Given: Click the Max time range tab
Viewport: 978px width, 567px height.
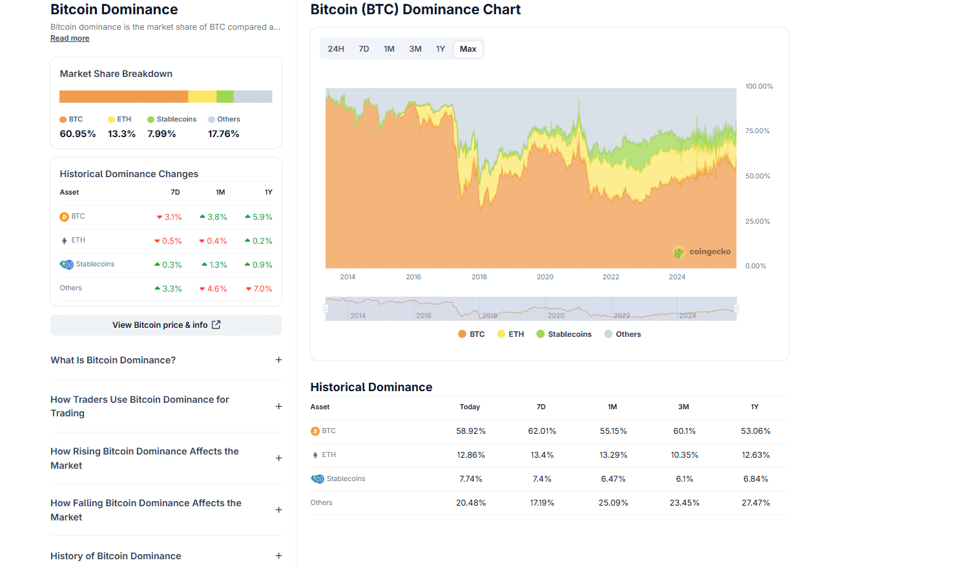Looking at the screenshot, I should [x=468, y=49].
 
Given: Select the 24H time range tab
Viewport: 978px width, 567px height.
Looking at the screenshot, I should [x=336, y=49].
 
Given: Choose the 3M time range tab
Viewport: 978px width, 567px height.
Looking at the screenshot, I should [x=415, y=49].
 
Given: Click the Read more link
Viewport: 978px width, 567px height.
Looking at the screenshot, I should [x=70, y=38].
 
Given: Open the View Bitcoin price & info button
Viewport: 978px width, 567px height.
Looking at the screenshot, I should [x=166, y=325].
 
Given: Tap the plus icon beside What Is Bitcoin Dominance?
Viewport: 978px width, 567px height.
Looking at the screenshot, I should [x=279, y=360].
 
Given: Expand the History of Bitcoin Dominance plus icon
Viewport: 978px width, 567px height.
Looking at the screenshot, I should [x=279, y=556].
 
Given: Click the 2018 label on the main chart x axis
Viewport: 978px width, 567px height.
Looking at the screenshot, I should [x=479, y=277].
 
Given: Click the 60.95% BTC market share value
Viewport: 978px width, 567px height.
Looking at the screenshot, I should [x=78, y=134].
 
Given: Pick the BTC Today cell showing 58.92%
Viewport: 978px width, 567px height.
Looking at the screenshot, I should [x=471, y=431].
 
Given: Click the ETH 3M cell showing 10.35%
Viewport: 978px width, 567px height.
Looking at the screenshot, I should [x=684, y=455].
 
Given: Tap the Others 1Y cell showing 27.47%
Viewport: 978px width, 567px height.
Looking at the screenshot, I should [x=755, y=503].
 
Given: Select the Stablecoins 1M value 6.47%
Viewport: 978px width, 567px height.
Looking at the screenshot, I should [x=613, y=479].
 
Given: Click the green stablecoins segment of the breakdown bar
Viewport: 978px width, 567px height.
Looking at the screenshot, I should [x=225, y=96].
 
